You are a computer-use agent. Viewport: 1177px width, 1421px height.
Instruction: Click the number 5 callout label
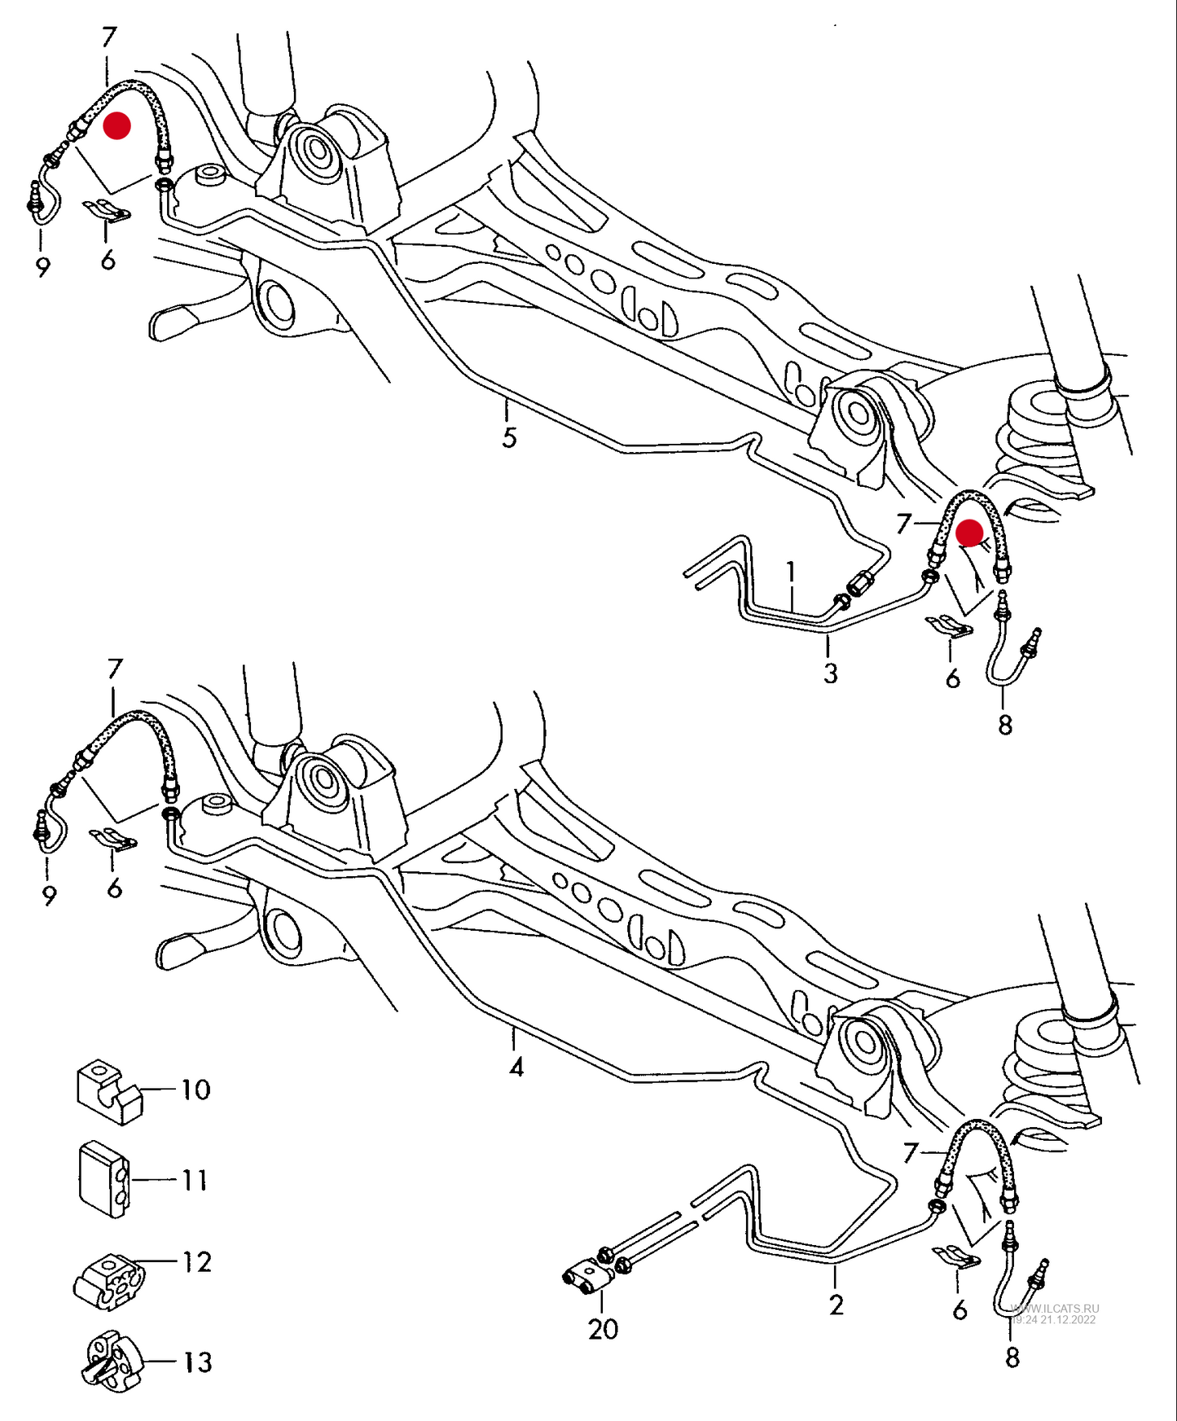[x=509, y=438]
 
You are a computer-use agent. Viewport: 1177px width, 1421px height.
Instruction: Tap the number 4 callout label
[x=516, y=1067]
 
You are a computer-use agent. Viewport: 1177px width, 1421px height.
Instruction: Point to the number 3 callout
[x=830, y=673]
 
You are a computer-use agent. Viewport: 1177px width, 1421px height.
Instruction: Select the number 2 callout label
[x=837, y=1305]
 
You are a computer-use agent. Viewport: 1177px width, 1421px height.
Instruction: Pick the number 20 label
[x=603, y=1329]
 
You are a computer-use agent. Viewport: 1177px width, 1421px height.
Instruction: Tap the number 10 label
[x=195, y=1090]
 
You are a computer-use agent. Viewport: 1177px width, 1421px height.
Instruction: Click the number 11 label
[x=195, y=1180]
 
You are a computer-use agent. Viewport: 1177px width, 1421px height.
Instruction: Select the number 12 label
[x=196, y=1261]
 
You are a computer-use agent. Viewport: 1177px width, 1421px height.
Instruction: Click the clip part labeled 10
[x=109, y=1093]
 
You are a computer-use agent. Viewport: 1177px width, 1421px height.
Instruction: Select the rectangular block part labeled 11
[x=103, y=1178]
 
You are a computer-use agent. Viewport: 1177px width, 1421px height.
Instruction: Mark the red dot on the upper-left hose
[x=116, y=125]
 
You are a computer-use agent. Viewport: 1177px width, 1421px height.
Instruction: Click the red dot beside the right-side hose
[x=969, y=533]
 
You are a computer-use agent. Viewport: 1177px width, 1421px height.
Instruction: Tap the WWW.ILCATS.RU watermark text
[x=1054, y=1308]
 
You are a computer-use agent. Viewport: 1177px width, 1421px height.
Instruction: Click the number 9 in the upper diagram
[x=43, y=266]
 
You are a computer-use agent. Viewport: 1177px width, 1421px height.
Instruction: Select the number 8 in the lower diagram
[x=1012, y=1357]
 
